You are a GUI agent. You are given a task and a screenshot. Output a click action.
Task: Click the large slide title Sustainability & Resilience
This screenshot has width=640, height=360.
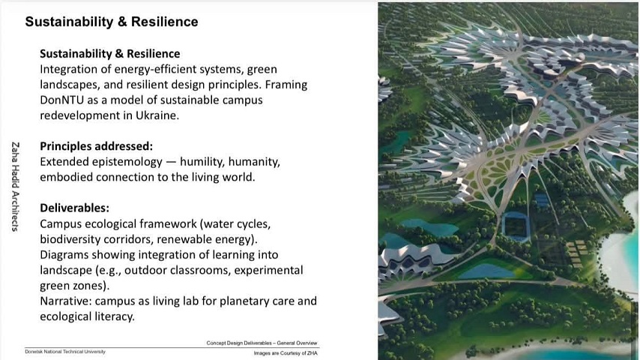coord(112,22)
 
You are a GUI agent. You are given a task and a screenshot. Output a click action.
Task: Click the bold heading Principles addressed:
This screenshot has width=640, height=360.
coord(97,146)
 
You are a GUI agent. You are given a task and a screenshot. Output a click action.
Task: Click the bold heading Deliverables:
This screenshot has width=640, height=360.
coord(75,208)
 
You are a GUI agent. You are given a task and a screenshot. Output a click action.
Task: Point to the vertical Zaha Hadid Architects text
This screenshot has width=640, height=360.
coord(16,187)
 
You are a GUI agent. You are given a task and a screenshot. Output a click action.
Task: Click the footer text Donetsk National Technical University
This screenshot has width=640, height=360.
coord(65,352)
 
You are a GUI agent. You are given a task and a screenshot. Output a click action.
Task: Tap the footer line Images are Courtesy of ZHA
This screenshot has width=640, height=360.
coord(286,353)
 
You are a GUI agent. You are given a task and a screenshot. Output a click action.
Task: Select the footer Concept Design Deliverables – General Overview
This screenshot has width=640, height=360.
coord(262,343)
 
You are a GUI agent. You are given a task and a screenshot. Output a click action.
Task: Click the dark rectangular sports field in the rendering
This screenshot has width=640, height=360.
coord(516,226)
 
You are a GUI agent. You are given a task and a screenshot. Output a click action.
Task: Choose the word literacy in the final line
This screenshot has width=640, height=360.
coord(114,317)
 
